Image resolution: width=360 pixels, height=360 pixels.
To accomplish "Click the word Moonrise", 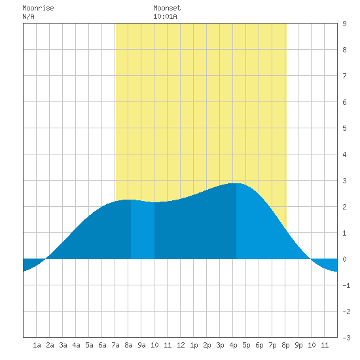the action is click(38, 8).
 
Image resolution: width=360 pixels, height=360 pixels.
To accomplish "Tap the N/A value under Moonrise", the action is click(28, 16).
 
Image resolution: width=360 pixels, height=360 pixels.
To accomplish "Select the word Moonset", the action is click(167, 8).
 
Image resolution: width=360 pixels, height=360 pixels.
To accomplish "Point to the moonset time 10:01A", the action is click(165, 16).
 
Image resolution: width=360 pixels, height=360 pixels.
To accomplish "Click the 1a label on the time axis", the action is click(37, 345).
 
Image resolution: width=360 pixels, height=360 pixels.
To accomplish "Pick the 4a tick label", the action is click(76, 345).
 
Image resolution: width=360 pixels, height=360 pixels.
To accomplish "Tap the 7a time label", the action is click(115, 345).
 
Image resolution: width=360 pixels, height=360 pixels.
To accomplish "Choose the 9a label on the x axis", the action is click(141, 345).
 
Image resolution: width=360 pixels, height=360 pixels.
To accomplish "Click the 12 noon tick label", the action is click(181, 345).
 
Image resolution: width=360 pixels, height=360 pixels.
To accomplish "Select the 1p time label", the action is click(194, 345).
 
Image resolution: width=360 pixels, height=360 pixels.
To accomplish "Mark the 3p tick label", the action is click(220, 345).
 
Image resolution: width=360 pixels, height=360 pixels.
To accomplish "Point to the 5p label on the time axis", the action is click(246, 345).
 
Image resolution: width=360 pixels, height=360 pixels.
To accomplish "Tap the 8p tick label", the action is click(285, 345).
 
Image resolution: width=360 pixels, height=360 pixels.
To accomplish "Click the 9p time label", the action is click(298, 345).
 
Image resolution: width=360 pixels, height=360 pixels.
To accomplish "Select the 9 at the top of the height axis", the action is click(344, 24).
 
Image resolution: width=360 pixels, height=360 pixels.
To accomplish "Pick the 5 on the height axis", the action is click(344, 128).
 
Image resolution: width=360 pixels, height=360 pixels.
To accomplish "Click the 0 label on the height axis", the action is click(344, 259).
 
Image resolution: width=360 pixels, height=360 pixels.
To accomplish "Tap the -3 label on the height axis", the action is click(346, 338).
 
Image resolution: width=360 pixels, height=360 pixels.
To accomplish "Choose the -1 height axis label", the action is click(346, 285).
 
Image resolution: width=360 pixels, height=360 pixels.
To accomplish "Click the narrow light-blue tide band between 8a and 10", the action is click(143, 230).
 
